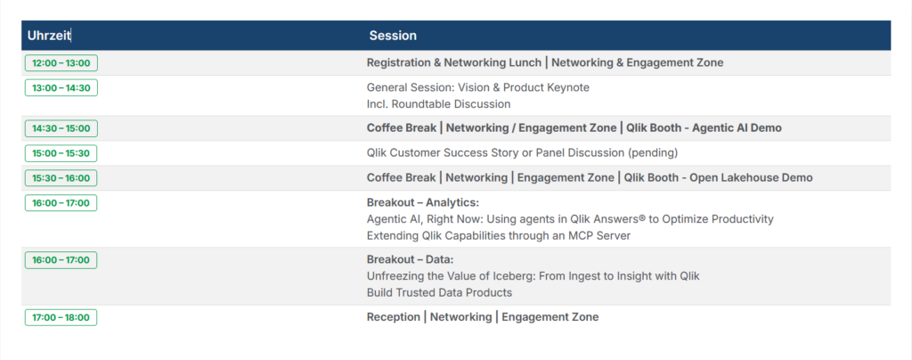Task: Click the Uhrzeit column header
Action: click(49, 36)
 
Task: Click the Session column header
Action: click(393, 36)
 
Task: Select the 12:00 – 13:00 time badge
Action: click(61, 62)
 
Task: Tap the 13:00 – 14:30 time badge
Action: click(61, 88)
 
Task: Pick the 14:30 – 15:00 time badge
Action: click(61, 128)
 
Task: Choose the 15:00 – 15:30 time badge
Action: click(61, 153)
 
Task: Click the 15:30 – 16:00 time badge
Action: click(61, 178)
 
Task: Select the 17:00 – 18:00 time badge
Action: click(61, 317)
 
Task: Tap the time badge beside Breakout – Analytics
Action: click(61, 203)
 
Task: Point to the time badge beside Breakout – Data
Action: click(61, 260)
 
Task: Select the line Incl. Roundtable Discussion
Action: click(438, 104)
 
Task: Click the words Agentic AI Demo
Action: click(737, 128)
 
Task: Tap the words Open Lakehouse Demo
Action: click(751, 178)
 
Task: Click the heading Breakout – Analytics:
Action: click(423, 202)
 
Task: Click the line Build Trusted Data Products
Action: click(440, 292)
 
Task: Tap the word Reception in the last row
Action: click(393, 317)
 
